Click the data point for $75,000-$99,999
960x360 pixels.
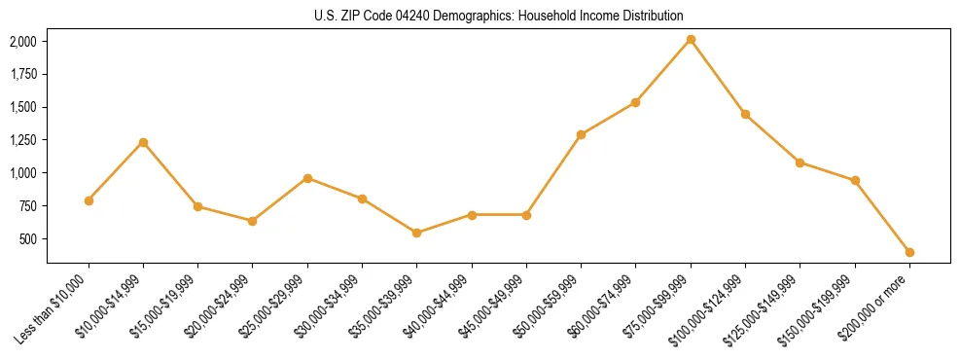(691, 39)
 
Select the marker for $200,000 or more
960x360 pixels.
(909, 252)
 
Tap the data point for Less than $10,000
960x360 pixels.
(89, 200)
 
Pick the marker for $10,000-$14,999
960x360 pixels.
(143, 142)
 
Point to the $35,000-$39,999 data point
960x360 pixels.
(416, 233)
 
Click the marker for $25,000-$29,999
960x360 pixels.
(307, 178)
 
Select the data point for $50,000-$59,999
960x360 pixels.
(581, 134)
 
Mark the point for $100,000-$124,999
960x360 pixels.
(745, 114)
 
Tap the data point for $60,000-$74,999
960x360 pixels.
(635, 102)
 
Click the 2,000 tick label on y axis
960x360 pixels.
(23, 41)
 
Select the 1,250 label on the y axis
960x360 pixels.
(23, 140)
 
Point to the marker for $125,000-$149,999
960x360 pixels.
(800, 162)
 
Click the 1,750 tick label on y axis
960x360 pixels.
(23, 74)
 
